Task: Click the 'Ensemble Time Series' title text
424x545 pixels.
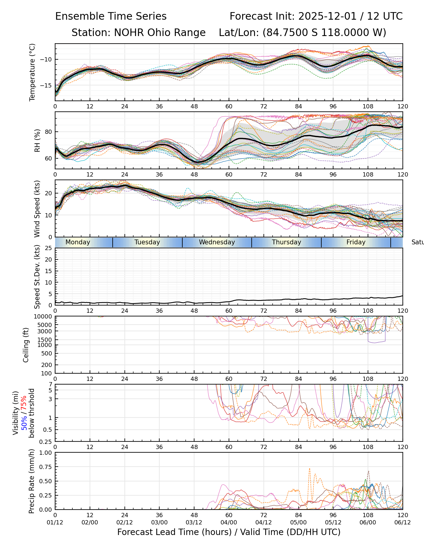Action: coord(111,16)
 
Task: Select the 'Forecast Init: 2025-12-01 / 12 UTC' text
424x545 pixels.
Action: coord(316,16)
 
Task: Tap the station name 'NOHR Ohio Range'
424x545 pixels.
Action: coord(160,33)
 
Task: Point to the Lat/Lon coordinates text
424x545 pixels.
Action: coord(302,33)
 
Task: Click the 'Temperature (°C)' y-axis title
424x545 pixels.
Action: coord(32,72)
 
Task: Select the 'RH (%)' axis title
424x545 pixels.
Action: coord(37,140)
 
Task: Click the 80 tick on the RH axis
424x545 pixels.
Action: coord(48,132)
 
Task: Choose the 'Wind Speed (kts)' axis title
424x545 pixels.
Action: coord(37,209)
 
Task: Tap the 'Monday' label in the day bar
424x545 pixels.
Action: coord(78,242)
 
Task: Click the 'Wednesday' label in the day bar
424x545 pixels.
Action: coord(217,242)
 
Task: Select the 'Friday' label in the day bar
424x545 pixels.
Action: coord(356,242)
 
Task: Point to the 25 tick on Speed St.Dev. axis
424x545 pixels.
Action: coord(48,248)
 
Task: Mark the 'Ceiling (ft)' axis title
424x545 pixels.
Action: coord(26,345)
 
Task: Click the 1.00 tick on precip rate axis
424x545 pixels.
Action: coord(47,453)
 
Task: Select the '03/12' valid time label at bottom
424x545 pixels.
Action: coord(194,523)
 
